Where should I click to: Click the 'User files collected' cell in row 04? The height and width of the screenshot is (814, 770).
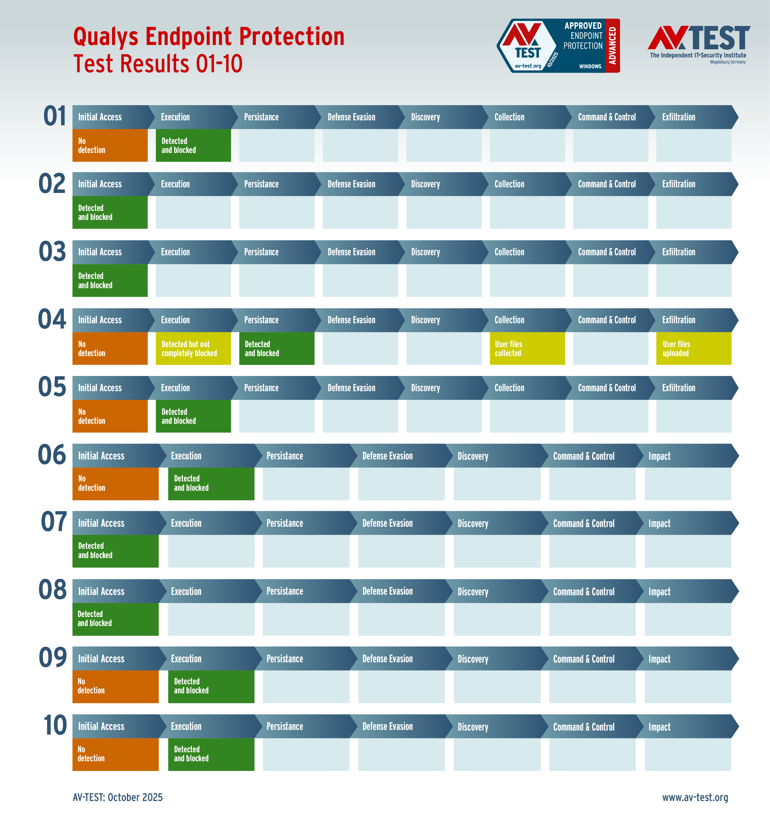coord(527,348)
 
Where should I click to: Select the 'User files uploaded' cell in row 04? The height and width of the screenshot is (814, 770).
coord(694,348)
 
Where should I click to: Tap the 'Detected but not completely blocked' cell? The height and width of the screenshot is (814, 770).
coord(193,348)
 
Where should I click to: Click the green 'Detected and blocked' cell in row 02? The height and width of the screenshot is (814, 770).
coord(110,212)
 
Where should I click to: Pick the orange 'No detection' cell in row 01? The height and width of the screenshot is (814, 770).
coord(110,145)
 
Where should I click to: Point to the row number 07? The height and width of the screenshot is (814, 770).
coord(54,522)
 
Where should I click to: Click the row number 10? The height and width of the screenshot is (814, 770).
coord(55,725)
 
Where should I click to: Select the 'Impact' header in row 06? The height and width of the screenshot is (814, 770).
coord(659,456)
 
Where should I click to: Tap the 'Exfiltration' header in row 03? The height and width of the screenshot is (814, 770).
coord(678,252)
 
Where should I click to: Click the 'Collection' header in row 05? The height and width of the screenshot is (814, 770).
coord(509,388)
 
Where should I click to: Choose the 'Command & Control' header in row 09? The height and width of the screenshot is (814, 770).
coord(584,659)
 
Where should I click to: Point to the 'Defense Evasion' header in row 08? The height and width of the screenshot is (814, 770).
coord(387,591)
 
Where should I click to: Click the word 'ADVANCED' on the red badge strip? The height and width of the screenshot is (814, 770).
coord(612,46)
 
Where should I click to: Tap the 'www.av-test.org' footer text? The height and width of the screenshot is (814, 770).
coord(695,797)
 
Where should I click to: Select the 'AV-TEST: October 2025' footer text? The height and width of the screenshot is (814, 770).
coord(118,797)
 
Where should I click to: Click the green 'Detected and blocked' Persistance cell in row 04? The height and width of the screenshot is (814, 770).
coord(277,348)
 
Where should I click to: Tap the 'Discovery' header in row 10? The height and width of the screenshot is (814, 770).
coord(473,727)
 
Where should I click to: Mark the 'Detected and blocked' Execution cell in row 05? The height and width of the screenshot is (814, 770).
coord(193,416)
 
